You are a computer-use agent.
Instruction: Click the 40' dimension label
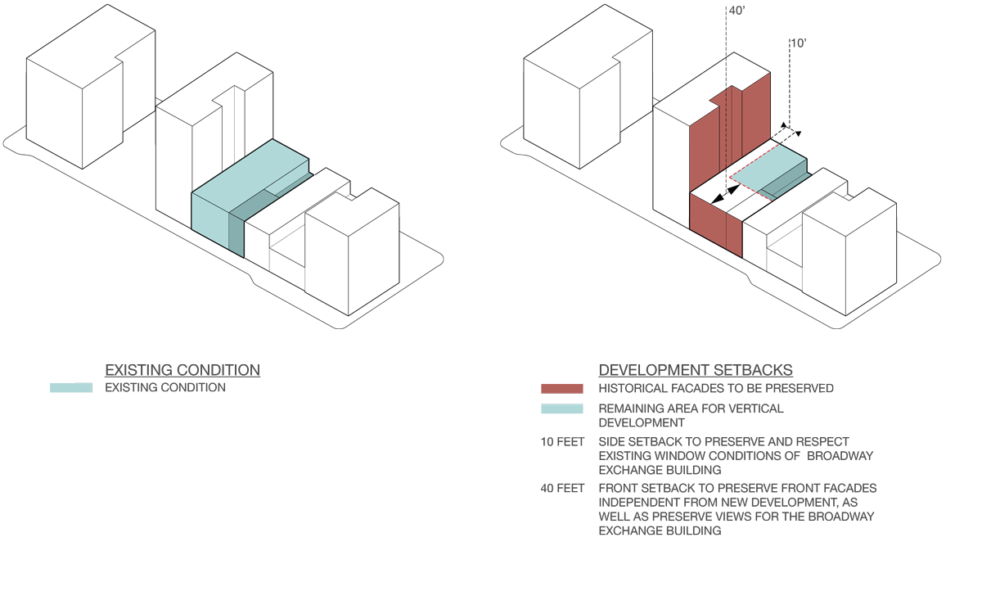tap(736, 11)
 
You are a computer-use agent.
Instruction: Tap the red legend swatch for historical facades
tap(561, 389)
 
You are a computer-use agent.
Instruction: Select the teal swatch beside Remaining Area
tap(561, 409)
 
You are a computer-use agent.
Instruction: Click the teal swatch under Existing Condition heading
tap(71, 387)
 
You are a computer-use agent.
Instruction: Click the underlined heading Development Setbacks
tap(696, 370)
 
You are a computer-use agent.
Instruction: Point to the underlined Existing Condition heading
tap(182, 370)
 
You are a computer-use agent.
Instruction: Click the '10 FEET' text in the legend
tap(562, 442)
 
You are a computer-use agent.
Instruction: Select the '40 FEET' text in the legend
tap(562, 489)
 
